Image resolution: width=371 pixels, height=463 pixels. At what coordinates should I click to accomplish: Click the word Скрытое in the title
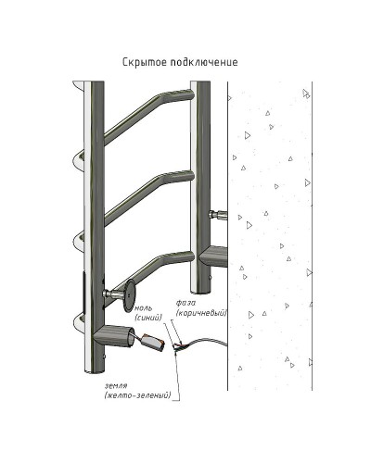[145, 62]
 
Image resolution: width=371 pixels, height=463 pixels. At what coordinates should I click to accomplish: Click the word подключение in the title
[204, 62]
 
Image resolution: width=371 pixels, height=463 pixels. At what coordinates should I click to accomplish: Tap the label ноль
[144, 308]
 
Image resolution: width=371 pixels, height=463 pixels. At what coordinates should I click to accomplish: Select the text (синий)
[148, 318]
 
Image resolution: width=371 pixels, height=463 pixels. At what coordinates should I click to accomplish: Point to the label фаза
[185, 303]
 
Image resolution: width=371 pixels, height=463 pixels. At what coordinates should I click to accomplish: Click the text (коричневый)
[201, 313]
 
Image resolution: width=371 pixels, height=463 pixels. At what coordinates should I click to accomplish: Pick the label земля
[116, 385]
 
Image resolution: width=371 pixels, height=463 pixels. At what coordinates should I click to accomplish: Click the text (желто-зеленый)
[137, 395]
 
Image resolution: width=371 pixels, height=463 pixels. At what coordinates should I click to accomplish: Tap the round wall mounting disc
[129, 295]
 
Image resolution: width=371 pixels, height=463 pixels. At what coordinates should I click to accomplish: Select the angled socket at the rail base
[115, 335]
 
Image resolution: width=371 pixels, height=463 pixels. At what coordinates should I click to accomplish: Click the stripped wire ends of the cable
[179, 347]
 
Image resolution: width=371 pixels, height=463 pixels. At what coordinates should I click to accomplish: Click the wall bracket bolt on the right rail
[218, 214]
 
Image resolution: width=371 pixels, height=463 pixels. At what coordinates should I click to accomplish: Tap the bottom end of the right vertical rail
[200, 291]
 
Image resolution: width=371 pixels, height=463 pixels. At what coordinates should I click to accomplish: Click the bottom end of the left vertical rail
[94, 371]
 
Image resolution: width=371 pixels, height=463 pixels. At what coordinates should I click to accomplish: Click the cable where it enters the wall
[226, 344]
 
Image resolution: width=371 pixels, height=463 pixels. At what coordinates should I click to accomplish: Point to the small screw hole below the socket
[105, 357]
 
